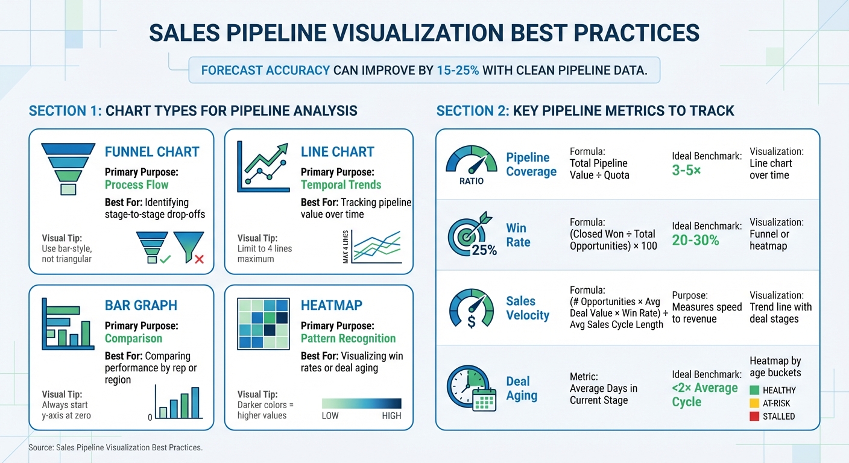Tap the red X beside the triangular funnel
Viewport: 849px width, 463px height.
tap(199, 259)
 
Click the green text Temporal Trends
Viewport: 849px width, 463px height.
tap(341, 185)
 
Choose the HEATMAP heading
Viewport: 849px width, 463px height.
tap(331, 306)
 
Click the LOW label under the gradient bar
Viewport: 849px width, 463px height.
tap(330, 416)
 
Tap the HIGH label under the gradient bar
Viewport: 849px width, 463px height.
tap(391, 416)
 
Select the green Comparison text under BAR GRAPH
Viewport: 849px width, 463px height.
tap(133, 338)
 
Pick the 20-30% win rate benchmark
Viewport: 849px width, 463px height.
tap(695, 241)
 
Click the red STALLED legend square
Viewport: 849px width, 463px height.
tap(754, 416)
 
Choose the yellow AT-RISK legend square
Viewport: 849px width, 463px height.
tap(754, 403)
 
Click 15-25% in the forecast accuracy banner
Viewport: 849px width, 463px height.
tap(458, 70)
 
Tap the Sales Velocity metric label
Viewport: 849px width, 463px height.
tap(528, 308)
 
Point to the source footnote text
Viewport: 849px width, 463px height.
tap(115, 448)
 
